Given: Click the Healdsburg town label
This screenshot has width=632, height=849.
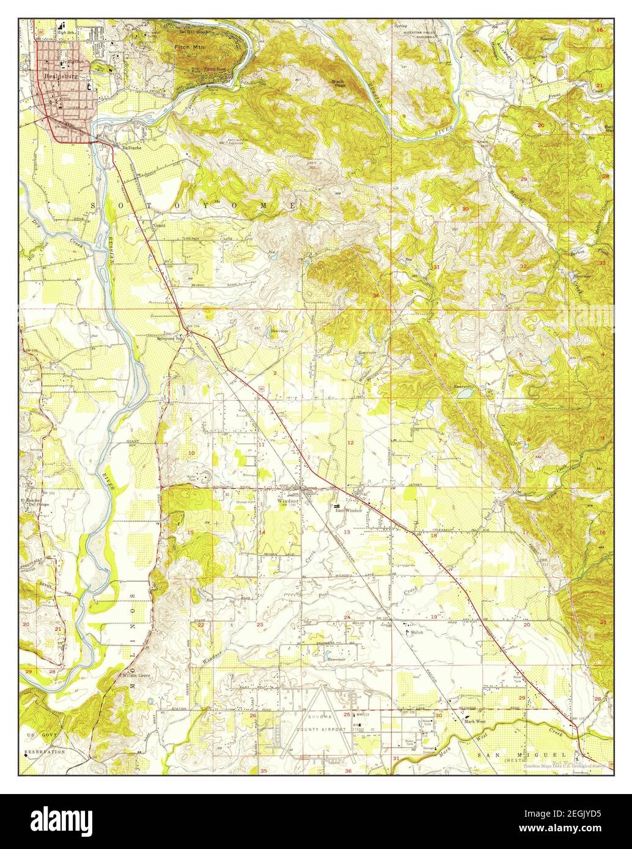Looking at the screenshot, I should pyautogui.click(x=58, y=76).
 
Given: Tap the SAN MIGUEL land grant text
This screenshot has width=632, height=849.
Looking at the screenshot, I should pyautogui.click(x=512, y=755).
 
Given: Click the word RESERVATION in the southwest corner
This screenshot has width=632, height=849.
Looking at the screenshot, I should pyautogui.click(x=45, y=752).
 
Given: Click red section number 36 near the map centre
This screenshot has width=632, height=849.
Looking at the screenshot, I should pyautogui.click(x=375, y=296).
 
